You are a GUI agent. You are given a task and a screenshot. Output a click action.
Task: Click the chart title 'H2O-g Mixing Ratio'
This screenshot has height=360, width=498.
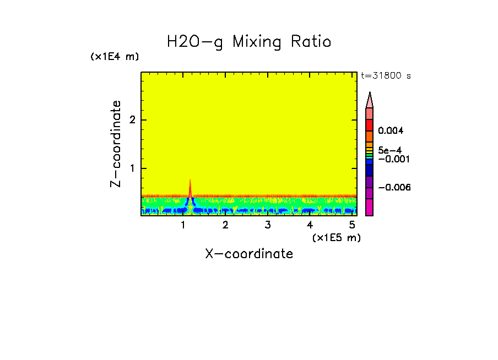click(x=249, y=42)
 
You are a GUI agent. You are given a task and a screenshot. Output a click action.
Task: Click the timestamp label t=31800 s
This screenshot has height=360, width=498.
click(x=386, y=76)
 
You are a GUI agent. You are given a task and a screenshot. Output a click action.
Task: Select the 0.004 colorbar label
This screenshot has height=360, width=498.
click(x=391, y=131)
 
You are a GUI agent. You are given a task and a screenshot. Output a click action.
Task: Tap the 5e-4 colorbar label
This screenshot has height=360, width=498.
click(x=389, y=150)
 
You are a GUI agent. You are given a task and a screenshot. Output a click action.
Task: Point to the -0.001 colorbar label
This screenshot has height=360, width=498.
click(x=391, y=159)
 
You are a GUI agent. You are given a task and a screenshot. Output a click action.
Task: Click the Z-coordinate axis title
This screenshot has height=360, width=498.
click(x=116, y=144)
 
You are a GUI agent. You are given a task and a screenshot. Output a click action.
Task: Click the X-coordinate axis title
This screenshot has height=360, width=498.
click(x=249, y=254)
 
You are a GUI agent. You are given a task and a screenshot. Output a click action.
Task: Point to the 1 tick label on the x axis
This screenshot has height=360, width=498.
click(x=183, y=225)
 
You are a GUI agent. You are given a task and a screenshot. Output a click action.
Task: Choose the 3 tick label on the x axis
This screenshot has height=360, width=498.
click(x=268, y=225)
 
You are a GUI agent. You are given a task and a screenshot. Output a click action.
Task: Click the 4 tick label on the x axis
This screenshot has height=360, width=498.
click(x=310, y=225)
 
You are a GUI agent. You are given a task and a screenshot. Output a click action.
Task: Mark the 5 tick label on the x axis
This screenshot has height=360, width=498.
click(x=352, y=225)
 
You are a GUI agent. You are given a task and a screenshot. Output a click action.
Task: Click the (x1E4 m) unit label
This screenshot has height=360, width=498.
click(x=115, y=57)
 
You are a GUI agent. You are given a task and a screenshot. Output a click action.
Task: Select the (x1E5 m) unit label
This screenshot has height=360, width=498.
click(x=336, y=237)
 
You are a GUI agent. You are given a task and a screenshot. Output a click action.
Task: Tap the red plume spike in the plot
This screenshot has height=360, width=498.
click(x=190, y=189)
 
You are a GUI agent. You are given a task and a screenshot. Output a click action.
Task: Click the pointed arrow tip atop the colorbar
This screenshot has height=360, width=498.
click(x=370, y=99)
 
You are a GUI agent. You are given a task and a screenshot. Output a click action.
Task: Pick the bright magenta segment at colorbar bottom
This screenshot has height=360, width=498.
click(x=370, y=207)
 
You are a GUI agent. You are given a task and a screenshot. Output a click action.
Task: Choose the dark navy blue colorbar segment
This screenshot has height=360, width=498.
click(x=370, y=171)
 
